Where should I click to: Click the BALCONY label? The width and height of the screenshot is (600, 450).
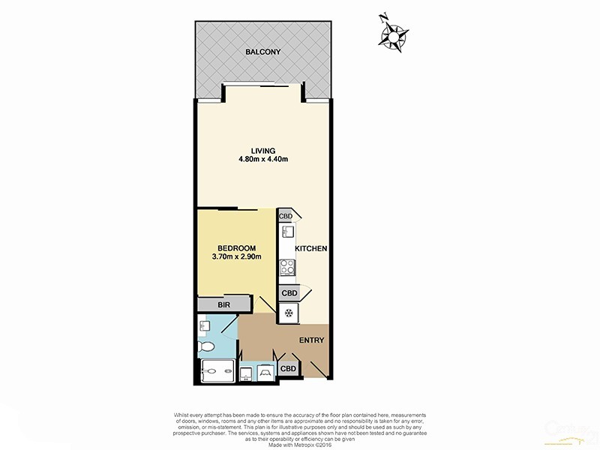point(262,52)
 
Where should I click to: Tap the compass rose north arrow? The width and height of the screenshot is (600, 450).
point(394,34)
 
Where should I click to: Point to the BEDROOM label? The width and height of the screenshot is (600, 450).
point(237,248)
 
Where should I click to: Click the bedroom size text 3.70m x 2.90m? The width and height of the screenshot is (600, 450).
point(236,258)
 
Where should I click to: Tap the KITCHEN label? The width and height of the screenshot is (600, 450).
point(310,248)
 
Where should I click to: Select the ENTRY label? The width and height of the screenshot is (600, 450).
point(311,340)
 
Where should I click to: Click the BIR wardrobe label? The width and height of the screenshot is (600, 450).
point(223,304)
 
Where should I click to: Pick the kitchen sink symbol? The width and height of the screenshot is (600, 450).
point(286,233)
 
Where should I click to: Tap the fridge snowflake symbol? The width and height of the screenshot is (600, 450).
point(288,313)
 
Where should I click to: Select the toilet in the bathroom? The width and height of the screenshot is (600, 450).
point(208,346)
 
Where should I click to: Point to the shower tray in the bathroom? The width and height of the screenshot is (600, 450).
point(217,371)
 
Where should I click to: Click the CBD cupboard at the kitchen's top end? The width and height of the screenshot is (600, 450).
point(286,216)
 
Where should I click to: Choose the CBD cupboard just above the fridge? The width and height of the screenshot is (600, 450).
point(288,292)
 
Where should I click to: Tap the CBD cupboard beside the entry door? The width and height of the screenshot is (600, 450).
point(287,369)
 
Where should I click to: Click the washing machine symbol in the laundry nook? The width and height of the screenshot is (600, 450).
point(266,373)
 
